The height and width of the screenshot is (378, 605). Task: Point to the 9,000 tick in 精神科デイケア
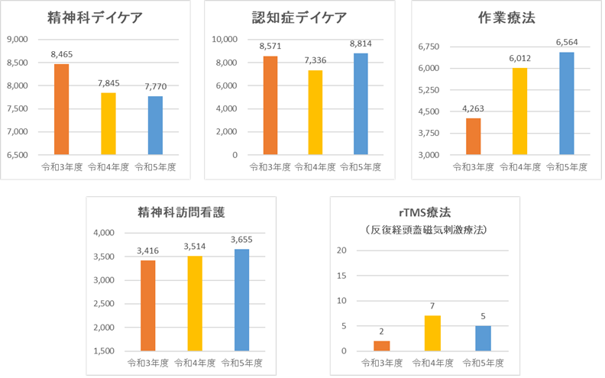pyautogui.click(x=17, y=39)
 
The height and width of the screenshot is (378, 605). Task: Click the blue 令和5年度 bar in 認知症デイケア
pyautogui.click(x=360, y=104)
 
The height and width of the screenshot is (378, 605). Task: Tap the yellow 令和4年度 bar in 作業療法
pyautogui.click(x=519, y=111)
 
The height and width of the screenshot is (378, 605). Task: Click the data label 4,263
pyautogui.click(x=474, y=108)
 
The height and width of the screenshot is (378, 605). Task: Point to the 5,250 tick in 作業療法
pyautogui.click(x=430, y=90)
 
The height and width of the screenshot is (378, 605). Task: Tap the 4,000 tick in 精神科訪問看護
pyautogui.click(x=102, y=233)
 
